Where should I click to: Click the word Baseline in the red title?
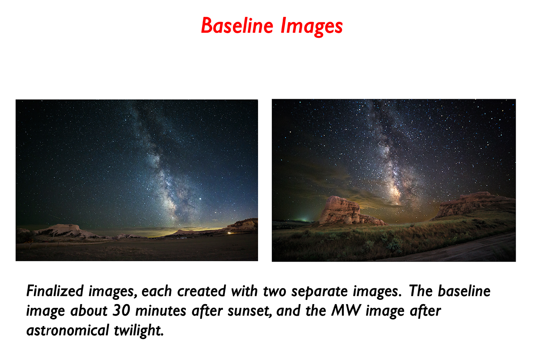(237, 25)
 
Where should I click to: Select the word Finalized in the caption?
(55, 291)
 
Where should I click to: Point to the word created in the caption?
(201, 291)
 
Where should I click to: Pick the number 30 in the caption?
(121, 310)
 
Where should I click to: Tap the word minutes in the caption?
(160, 310)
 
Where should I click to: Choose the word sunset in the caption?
(250, 311)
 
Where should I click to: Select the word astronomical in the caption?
(68, 330)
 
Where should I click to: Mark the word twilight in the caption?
(138, 331)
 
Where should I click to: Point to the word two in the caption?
(274, 291)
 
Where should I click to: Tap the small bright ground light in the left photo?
(229, 233)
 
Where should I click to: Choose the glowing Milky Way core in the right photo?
(394, 192)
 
